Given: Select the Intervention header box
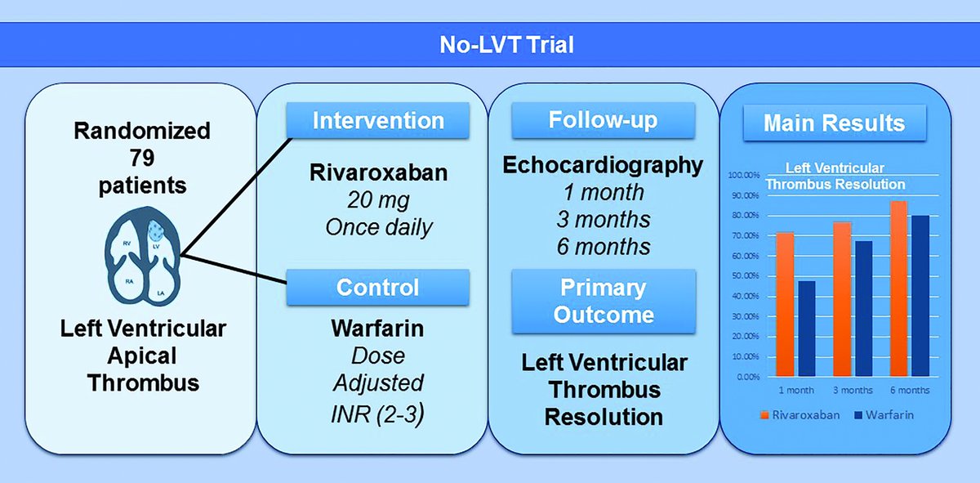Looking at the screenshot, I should tap(378, 121).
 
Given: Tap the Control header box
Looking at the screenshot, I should tap(378, 287).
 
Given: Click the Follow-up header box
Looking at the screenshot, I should tap(603, 121).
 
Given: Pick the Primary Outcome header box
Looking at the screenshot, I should tap(603, 302).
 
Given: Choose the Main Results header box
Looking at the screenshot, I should tap(834, 123).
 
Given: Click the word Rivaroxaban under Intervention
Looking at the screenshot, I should tap(378, 173).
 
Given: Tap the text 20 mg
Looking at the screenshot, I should tap(378, 199).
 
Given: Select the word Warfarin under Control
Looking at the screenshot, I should tap(378, 329).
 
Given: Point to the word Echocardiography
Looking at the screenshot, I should tap(603, 165).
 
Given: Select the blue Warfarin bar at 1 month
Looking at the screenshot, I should tap(806, 329).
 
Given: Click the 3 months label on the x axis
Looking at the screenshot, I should tap(853, 391).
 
